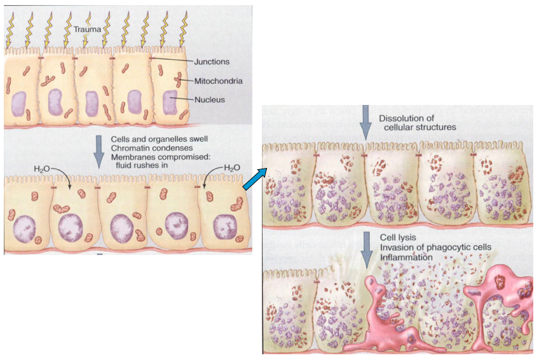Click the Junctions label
coord(212,62)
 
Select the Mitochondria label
coord(218,81)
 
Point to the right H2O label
coord(232,168)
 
